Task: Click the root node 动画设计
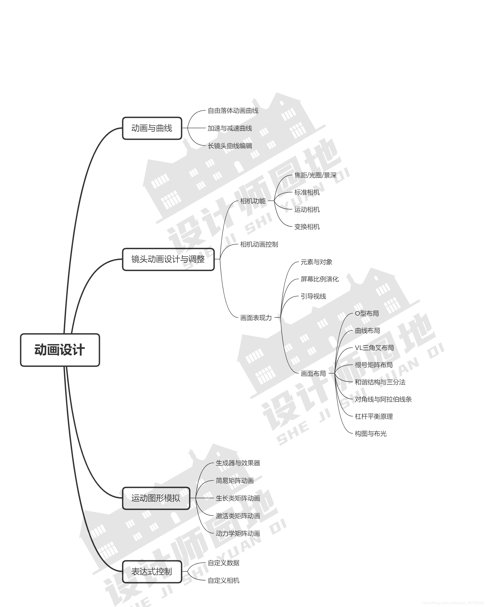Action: coord(60,350)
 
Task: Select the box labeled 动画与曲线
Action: coord(152,128)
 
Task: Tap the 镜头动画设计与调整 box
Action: coord(168,259)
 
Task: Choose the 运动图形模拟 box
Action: coord(156,498)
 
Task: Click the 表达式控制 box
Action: coord(152,572)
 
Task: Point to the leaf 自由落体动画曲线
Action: coord(233,111)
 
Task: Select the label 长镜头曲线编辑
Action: coord(230,146)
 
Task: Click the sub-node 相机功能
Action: coord(253,201)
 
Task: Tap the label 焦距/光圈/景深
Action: coord(315,175)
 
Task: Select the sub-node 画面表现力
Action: coord(256,318)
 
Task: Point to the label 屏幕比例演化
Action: coord(319,279)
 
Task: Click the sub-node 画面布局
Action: coord(313,374)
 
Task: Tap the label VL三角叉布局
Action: coord(374,348)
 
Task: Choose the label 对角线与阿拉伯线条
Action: coord(383,399)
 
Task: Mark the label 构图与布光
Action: coord(371,434)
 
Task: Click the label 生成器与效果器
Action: coord(238,463)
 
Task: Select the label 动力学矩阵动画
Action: coord(238,534)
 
